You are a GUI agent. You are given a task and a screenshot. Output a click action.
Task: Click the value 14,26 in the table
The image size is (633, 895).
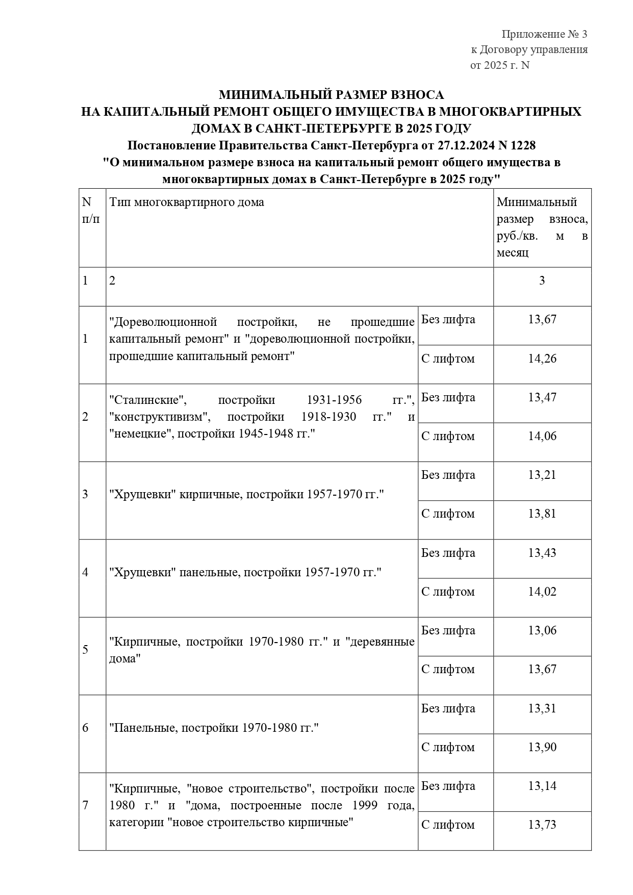tap(542, 359)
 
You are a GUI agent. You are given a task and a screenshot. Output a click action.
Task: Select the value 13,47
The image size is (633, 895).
tap(542, 397)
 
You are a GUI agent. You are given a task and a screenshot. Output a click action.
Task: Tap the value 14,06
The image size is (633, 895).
tap(542, 436)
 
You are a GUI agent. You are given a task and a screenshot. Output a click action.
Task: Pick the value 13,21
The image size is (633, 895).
tap(542, 475)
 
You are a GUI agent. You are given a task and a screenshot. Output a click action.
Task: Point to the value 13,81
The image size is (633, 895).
tap(542, 514)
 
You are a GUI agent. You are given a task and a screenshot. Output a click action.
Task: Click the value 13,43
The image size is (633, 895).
tap(542, 553)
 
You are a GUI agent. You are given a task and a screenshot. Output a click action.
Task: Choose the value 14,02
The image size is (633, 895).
tap(542, 592)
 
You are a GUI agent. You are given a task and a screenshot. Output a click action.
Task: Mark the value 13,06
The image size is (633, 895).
tap(542, 630)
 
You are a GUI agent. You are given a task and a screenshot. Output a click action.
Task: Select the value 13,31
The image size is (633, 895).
tap(542, 708)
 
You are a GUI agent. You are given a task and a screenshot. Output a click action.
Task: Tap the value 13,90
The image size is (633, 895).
tap(542, 747)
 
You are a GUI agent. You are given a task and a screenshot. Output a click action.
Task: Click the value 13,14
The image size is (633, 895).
tap(542, 786)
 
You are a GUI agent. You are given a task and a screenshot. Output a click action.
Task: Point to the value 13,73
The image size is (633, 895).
tap(542, 825)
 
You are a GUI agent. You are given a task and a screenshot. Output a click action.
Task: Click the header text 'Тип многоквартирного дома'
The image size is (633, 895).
tap(187, 202)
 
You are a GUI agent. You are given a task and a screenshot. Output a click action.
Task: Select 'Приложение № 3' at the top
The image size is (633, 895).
tap(544, 34)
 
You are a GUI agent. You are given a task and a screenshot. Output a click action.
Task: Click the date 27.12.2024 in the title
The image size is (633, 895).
tap(466, 145)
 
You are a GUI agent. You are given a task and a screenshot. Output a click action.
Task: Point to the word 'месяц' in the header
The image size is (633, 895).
tap(512, 252)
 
